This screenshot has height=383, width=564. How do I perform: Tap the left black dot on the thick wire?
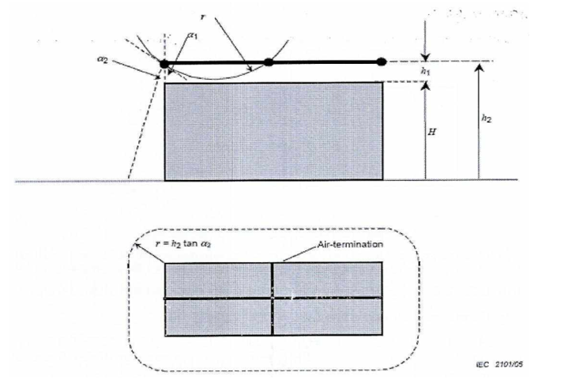click(164, 62)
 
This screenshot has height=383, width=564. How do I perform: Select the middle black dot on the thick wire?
click(269, 62)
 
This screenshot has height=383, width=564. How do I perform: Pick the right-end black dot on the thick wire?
click(382, 62)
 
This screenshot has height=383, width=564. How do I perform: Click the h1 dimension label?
click(427, 71)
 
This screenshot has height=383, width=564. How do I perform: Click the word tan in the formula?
click(197, 245)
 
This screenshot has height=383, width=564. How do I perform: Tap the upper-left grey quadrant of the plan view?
click(218, 280)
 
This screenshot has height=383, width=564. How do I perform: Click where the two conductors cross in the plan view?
click(273, 298)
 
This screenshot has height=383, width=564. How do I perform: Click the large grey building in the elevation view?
click(273, 130)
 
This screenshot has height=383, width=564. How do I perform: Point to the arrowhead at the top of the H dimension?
click(425, 85)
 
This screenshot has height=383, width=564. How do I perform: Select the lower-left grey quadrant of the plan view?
click(218, 316)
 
